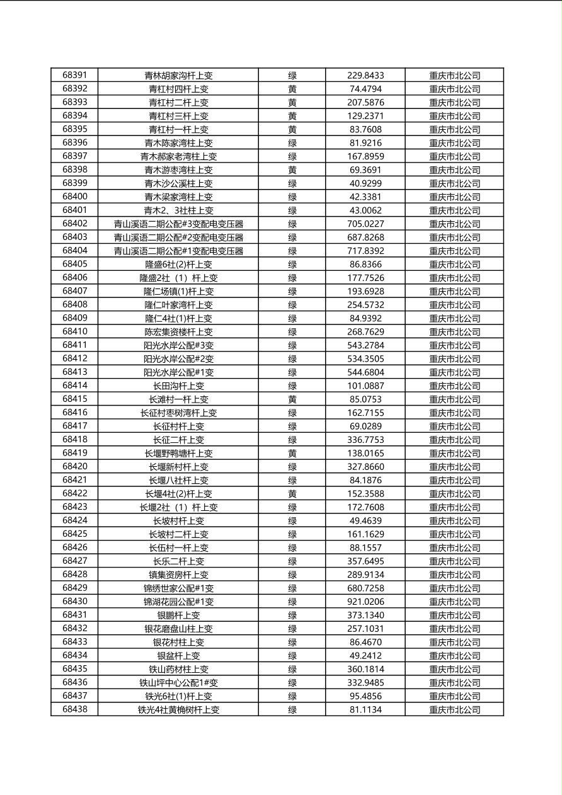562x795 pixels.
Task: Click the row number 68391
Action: (x=74, y=75)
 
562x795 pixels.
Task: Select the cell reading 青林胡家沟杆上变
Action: (x=178, y=75)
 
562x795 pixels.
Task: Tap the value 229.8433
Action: (x=365, y=75)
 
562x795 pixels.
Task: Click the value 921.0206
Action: (x=365, y=602)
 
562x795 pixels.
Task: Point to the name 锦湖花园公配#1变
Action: (x=178, y=602)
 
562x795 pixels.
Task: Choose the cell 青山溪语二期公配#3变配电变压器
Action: (x=178, y=224)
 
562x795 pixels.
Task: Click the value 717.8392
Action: (x=365, y=251)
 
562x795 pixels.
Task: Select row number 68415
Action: (x=74, y=399)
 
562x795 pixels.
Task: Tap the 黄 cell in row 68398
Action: (x=292, y=169)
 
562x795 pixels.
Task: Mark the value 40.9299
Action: (x=365, y=183)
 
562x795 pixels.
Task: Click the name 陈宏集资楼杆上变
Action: (x=178, y=331)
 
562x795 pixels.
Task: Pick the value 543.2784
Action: (x=365, y=345)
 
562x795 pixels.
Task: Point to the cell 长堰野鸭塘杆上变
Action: (x=178, y=453)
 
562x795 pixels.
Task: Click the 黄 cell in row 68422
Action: (x=292, y=493)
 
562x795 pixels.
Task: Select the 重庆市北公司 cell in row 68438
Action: (x=454, y=709)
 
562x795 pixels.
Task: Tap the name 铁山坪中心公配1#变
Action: (x=178, y=682)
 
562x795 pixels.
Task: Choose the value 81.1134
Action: (x=365, y=709)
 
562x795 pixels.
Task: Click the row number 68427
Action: (x=74, y=561)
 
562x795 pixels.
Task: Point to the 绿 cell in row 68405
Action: (x=292, y=264)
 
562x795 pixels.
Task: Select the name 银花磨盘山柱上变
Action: (x=178, y=629)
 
